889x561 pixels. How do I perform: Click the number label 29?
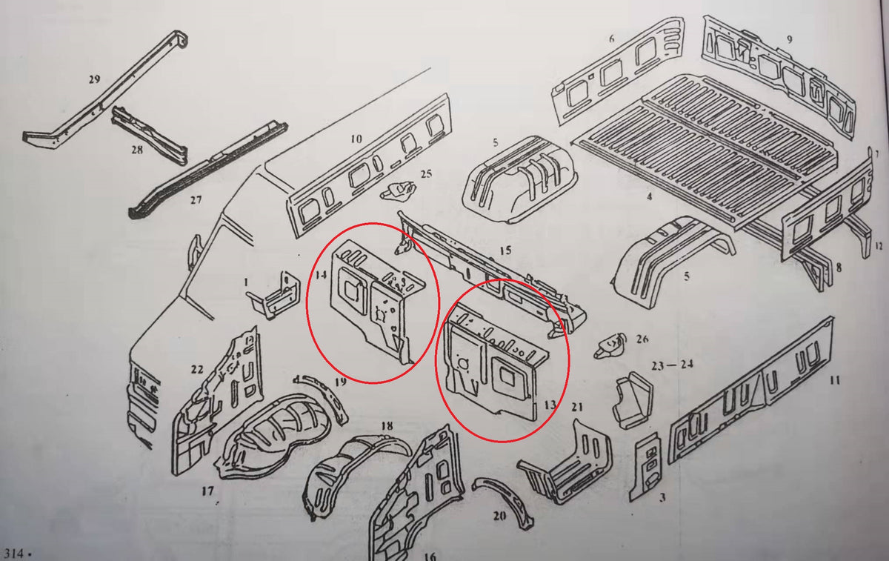(94, 79)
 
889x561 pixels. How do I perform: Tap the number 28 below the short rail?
(137, 150)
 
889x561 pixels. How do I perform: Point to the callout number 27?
(196, 199)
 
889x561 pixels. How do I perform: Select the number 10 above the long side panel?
(356, 139)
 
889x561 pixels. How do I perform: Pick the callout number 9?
(790, 39)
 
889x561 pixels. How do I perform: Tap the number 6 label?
(612, 39)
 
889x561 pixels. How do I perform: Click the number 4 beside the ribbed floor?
(649, 196)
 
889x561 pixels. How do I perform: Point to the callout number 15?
(505, 250)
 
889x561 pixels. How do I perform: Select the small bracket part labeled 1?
(273, 296)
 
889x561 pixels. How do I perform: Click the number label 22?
(197, 369)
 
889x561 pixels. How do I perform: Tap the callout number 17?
(207, 491)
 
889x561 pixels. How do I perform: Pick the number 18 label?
(387, 426)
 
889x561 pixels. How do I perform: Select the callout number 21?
(577, 407)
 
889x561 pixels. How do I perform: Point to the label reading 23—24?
(673, 365)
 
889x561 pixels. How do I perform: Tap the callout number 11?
(835, 380)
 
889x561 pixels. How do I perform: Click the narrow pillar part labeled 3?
(647, 466)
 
